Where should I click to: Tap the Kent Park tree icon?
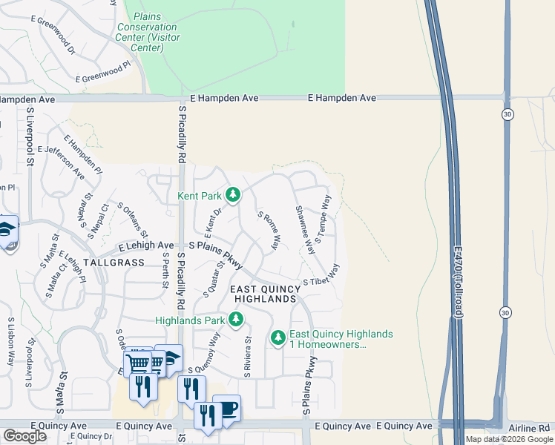(233, 195)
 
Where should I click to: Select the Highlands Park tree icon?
(235, 320)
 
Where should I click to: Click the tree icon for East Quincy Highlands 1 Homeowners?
(278, 338)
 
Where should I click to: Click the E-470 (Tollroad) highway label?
(459, 273)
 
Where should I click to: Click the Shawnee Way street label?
(304, 229)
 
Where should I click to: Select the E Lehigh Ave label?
(145, 245)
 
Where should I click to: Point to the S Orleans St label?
(133, 220)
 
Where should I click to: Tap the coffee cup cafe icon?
(227, 407)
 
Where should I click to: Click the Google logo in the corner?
(24, 436)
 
